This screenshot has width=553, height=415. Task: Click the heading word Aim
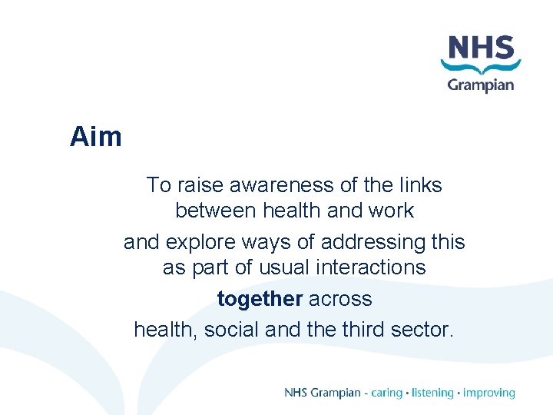[x=96, y=137]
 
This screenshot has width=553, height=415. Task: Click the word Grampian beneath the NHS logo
[x=481, y=85]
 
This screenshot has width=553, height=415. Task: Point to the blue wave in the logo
[x=481, y=68]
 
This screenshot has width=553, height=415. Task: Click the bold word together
[x=260, y=299]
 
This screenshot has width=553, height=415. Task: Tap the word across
[x=340, y=299]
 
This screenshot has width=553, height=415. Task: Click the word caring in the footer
[x=386, y=393]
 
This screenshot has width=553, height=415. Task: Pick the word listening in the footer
[x=432, y=393]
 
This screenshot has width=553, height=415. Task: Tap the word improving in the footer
[x=489, y=393]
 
